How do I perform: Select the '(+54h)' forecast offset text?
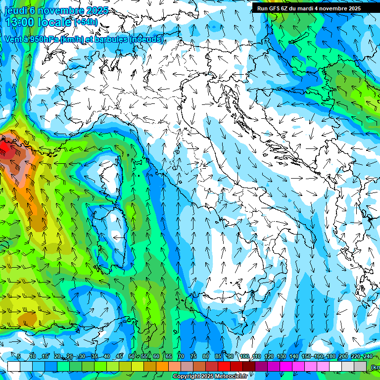point(86,22)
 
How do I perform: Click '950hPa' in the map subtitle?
point(42,40)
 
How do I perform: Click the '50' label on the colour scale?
point(132,356)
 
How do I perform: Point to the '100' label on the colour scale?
point(244,356)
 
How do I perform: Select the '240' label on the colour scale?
point(368,356)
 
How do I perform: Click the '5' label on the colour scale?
point(19,356)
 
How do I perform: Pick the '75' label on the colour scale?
point(193,356)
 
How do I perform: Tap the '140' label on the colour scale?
point(294,356)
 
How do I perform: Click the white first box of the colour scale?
point(14,366)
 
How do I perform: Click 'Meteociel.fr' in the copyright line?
point(231,377)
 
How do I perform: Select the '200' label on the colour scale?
point(343,356)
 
